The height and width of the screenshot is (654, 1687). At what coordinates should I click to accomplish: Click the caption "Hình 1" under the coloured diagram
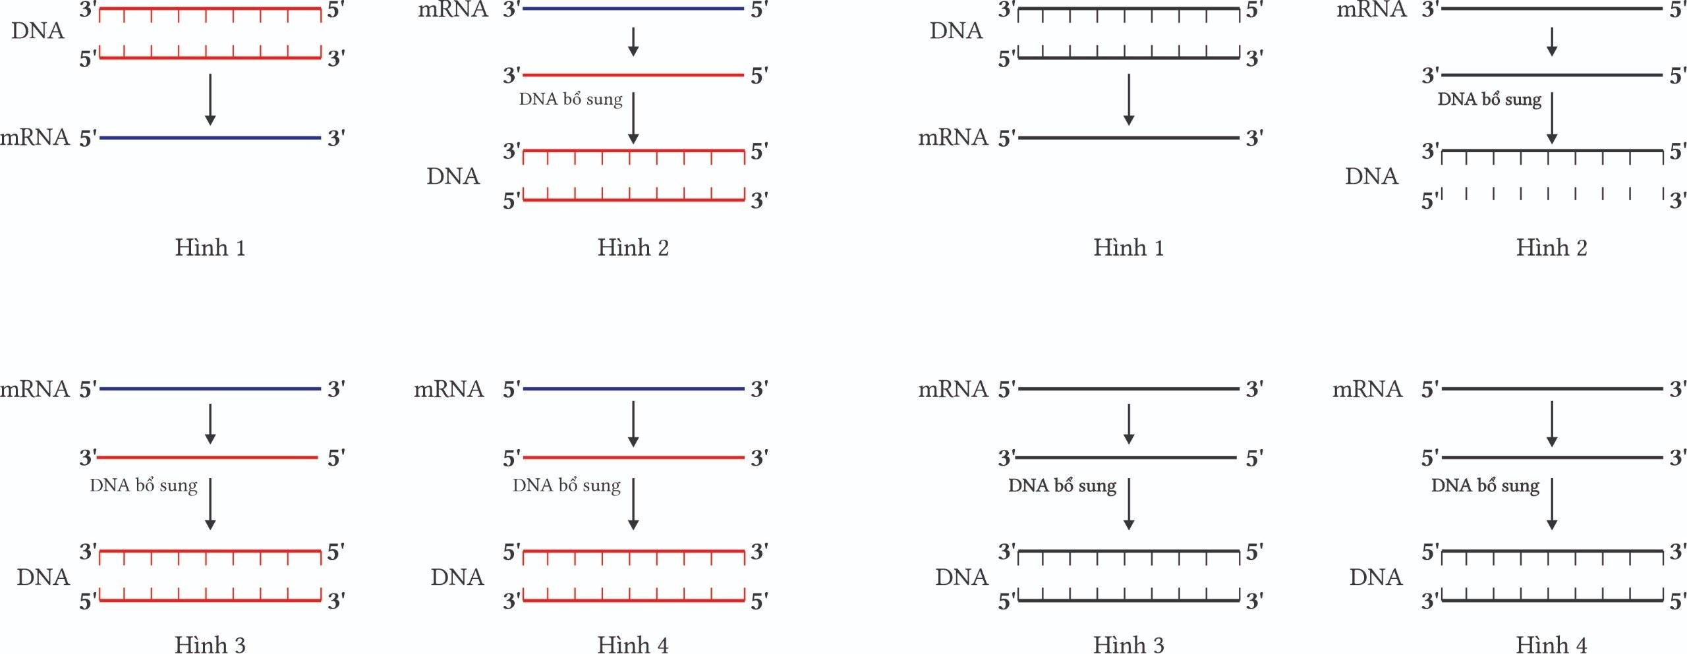pyautogui.click(x=210, y=248)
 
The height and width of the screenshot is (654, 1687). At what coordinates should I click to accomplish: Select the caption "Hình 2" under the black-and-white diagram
pyautogui.click(x=1551, y=248)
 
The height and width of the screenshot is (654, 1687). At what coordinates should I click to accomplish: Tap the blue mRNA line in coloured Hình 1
pyautogui.click(x=210, y=138)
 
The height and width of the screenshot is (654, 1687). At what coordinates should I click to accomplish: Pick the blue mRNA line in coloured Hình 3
pyautogui.click(x=210, y=389)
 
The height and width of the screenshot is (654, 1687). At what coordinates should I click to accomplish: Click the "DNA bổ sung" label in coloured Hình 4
pyautogui.click(x=567, y=485)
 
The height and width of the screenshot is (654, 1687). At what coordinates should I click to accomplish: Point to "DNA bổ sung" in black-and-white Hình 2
pyautogui.click(x=1489, y=99)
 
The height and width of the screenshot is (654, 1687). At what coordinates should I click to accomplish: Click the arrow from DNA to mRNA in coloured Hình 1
pyautogui.click(x=210, y=99)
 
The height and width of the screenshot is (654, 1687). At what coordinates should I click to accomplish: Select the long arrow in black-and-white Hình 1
pyautogui.click(x=1129, y=99)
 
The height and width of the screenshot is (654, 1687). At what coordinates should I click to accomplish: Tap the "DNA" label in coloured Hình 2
pyautogui.click(x=453, y=176)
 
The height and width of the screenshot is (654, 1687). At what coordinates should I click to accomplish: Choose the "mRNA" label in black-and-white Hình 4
pyautogui.click(x=1367, y=389)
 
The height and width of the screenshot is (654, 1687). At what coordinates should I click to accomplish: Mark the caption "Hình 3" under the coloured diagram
pyautogui.click(x=210, y=644)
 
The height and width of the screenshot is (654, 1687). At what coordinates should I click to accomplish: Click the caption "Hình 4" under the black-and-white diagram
pyautogui.click(x=1551, y=644)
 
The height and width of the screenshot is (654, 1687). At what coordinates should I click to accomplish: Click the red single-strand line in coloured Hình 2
pyautogui.click(x=633, y=75)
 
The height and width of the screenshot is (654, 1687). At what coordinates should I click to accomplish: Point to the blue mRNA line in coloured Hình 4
pyautogui.click(x=633, y=389)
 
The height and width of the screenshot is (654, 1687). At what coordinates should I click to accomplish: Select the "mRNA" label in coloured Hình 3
pyautogui.click(x=35, y=389)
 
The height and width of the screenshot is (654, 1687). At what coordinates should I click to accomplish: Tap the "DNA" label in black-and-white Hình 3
pyautogui.click(x=961, y=577)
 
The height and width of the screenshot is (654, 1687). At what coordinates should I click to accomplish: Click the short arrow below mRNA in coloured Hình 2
pyautogui.click(x=633, y=41)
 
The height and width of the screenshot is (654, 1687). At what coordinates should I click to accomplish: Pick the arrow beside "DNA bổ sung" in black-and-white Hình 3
pyautogui.click(x=1129, y=504)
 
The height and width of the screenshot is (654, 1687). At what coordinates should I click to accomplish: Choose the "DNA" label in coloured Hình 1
pyautogui.click(x=38, y=31)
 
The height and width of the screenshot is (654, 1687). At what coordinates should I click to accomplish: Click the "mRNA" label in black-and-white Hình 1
pyautogui.click(x=953, y=138)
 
